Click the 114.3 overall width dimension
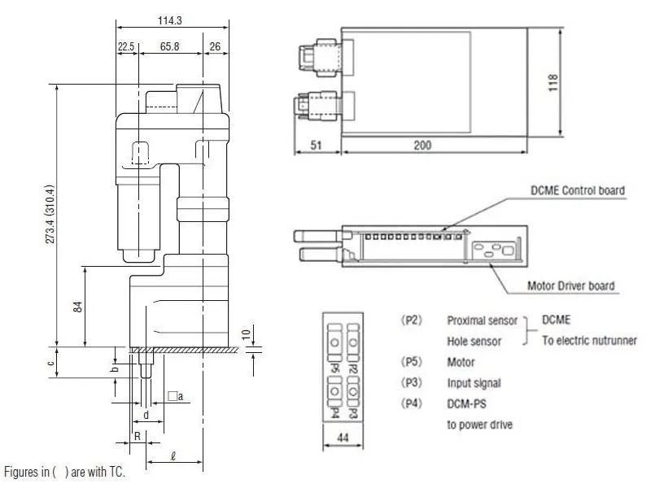click(x=169, y=20)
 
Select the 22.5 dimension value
click(x=126, y=46)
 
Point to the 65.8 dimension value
click(x=169, y=46)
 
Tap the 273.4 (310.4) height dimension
click(x=50, y=214)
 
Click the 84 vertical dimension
click(x=77, y=307)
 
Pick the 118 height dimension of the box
click(x=553, y=83)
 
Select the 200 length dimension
click(x=422, y=146)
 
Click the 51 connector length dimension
click(x=316, y=146)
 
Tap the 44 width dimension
click(x=343, y=438)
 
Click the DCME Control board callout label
click(x=578, y=190)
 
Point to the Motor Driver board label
click(x=571, y=286)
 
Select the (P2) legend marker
click(x=411, y=320)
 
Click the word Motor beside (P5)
click(x=461, y=362)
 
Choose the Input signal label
click(x=474, y=383)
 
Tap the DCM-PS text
click(x=466, y=403)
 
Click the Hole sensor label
click(x=474, y=341)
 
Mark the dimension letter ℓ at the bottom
click(x=173, y=456)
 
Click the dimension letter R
click(x=138, y=436)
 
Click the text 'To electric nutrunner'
click(x=589, y=341)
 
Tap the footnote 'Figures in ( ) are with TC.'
click(x=64, y=472)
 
